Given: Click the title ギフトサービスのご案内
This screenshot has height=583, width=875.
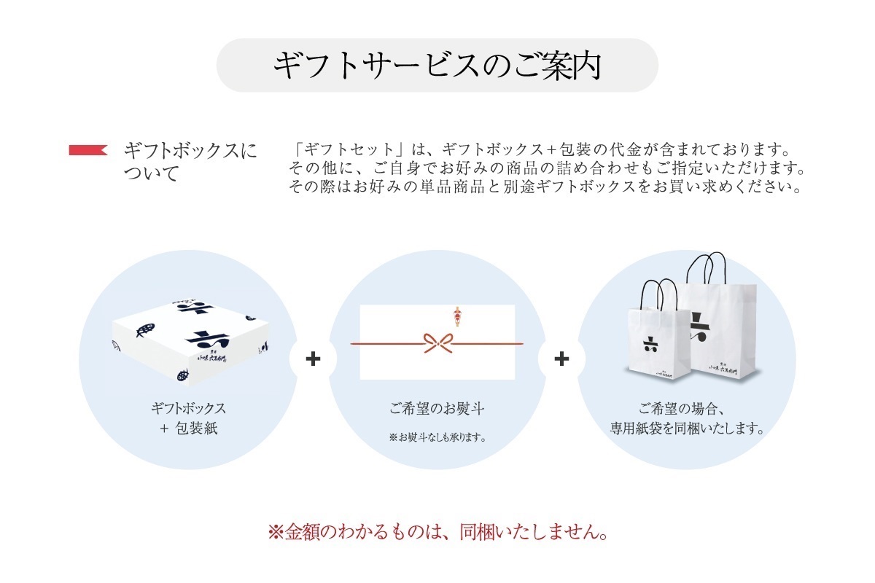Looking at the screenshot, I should coord(437,65).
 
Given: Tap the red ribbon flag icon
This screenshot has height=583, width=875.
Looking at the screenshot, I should coord(88,150).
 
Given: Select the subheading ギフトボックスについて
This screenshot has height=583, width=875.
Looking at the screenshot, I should coord(190,162).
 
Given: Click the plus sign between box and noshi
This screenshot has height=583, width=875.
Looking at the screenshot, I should coord(313,359).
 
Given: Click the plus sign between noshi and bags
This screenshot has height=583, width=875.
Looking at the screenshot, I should coord(561,359).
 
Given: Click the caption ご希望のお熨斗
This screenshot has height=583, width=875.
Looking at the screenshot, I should coord(437,409).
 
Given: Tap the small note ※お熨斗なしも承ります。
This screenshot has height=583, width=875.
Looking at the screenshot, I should coord(437,438).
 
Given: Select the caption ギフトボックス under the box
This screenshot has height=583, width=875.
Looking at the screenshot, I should coord(188,408).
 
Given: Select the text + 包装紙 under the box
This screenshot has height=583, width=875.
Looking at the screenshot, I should coord(188,429).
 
